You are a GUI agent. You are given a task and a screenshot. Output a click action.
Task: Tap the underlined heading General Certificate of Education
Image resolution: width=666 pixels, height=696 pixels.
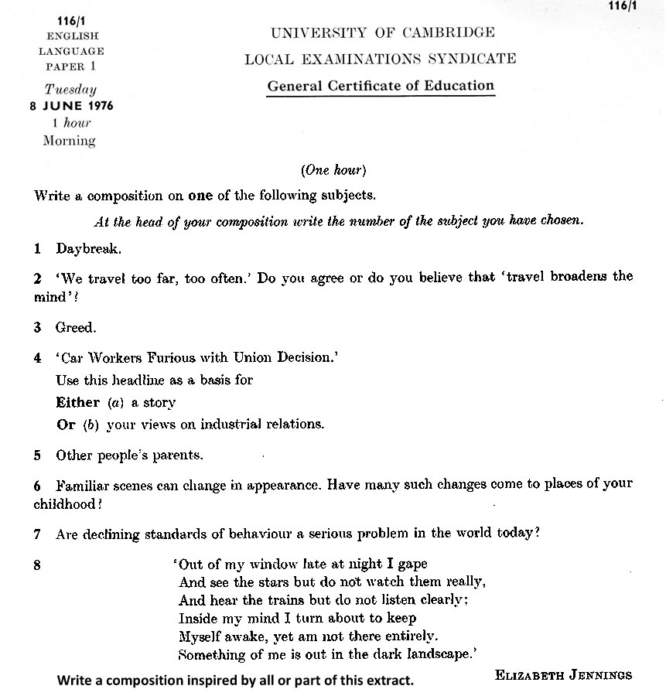(381, 86)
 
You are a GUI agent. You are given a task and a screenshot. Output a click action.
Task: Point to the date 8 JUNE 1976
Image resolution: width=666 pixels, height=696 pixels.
(71, 106)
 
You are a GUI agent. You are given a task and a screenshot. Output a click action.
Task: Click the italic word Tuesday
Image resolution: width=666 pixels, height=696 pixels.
(70, 90)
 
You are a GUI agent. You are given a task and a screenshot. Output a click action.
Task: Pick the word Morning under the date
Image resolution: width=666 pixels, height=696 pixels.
(70, 141)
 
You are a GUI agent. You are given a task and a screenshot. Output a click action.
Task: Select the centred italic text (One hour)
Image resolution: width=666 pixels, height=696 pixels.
(333, 170)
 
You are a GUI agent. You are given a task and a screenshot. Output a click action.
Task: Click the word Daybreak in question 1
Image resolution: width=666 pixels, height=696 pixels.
(88, 249)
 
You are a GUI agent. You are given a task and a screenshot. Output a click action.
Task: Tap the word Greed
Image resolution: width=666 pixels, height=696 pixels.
(76, 328)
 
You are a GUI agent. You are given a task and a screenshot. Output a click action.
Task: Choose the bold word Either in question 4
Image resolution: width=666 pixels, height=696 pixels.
(78, 402)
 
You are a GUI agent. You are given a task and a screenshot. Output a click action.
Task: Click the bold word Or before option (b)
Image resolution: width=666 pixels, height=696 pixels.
(66, 425)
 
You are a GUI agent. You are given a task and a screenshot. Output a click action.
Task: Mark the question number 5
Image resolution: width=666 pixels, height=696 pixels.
(37, 455)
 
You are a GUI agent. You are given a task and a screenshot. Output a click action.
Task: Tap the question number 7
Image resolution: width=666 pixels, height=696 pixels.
(37, 534)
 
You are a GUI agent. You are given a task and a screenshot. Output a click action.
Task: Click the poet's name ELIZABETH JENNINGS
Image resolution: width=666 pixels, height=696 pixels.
(563, 675)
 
